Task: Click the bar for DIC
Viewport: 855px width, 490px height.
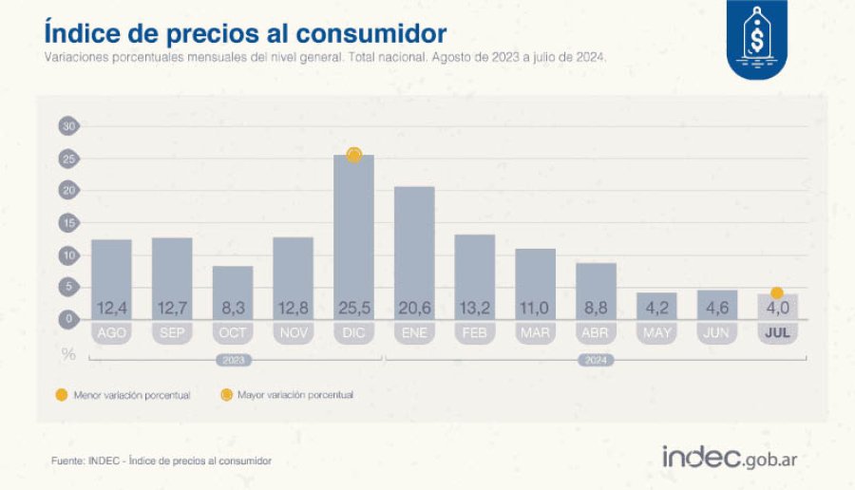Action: click(353, 237)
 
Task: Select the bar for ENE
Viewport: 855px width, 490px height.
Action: click(414, 252)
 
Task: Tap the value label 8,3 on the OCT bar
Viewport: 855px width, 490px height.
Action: click(233, 308)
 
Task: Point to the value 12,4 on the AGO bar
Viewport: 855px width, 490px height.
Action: click(111, 308)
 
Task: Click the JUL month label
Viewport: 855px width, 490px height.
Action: click(777, 334)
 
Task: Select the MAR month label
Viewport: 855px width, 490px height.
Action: click(536, 334)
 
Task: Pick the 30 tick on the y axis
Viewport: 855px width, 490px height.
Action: click(67, 125)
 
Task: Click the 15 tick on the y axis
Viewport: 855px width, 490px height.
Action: click(67, 222)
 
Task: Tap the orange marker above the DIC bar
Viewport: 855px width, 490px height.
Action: click(354, 155)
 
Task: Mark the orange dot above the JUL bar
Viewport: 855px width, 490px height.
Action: click(777, 292)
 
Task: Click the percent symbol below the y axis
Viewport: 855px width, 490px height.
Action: click(67, 353)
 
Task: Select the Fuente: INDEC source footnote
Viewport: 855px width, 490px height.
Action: click(161, 461)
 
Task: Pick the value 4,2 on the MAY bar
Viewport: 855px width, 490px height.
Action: click(656, 308)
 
